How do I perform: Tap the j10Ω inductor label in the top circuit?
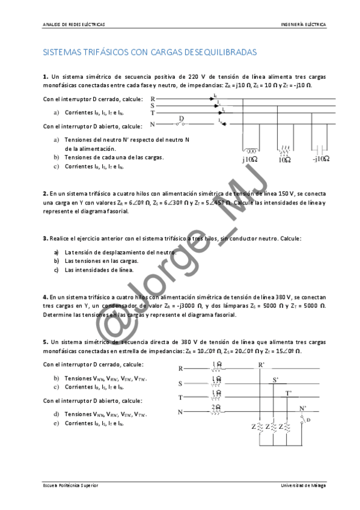[x=249, y=160]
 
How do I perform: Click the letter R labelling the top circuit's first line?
[x=153, y=98]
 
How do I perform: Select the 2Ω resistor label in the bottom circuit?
[x=216, y=407]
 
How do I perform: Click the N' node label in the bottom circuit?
[x=302, y=408]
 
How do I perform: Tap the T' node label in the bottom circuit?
[x=288, y=393]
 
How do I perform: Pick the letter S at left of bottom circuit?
[x=180, y=383]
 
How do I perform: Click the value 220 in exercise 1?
[x=193, y=77]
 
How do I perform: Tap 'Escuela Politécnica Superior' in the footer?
[x=71, y=485]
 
